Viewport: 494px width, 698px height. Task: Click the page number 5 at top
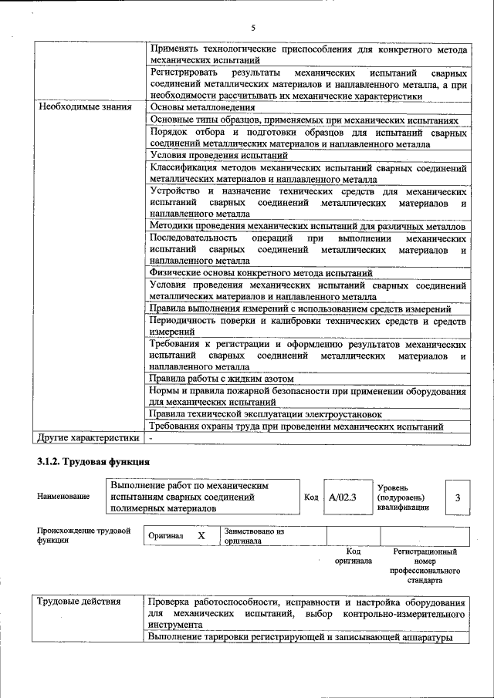pos(252,28)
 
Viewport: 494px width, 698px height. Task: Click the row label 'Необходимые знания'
pos(85,106)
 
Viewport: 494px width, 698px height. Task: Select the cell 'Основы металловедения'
pos(202,106)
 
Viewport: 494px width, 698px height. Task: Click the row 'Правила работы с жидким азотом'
pos(225,378)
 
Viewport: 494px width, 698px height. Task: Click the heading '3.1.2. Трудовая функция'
pos(93,461)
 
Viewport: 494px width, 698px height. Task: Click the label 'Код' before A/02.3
pos(311,497)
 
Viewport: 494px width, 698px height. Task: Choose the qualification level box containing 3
pos(458,497)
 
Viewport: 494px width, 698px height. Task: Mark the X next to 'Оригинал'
pos(201,535)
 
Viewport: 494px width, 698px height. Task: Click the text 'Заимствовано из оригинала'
pos(255,536)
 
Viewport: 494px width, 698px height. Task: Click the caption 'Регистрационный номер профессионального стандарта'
pos(425,565)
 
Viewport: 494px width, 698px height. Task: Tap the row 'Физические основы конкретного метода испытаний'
pos(262,273)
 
